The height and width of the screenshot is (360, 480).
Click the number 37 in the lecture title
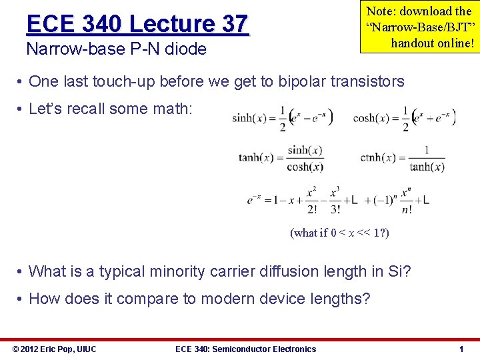[x=234, y=24]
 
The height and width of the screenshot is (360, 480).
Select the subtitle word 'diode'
[x=187, y=49]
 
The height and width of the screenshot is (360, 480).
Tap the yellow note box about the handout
[x=419, y=27]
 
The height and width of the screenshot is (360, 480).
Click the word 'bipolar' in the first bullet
[x=291, y=81]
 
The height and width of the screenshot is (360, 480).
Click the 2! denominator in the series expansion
[x=312, y=209]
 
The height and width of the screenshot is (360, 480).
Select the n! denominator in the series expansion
[x=406, y=209]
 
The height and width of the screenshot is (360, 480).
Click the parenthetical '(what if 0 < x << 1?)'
[x=339, y=233]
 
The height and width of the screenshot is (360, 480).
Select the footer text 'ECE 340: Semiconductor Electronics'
[x=245, y=349]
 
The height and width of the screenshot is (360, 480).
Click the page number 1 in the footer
[x=461, y=349]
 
